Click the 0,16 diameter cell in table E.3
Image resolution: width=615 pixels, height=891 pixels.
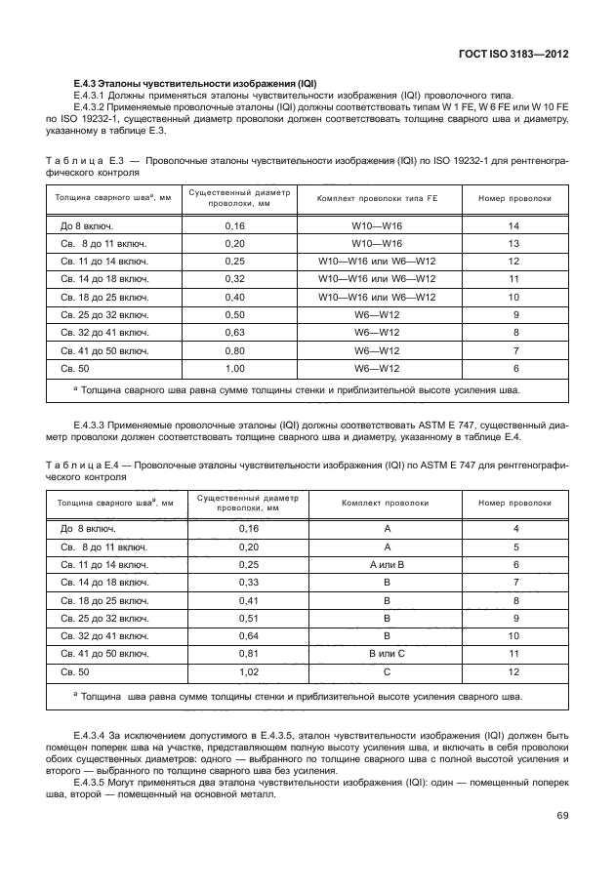(235, 226)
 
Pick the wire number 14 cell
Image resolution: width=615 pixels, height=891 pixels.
(514, 226)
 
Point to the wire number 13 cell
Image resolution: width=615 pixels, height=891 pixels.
(514, 244)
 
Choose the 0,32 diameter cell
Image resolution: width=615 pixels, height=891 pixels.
(235, 279)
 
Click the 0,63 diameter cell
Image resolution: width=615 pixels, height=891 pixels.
(235, 332)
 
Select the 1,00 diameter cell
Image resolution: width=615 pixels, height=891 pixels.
(235, 368)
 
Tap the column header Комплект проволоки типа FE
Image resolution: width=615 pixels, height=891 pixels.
(377, 199)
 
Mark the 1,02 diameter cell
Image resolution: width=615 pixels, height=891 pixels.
(249, 672)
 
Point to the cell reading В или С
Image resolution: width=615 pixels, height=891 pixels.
(387, 655)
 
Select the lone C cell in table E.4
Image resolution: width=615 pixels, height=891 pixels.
(387, 672)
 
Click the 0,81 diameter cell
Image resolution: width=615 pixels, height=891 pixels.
(249, 655)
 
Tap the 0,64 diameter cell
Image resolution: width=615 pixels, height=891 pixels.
(249, 637)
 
